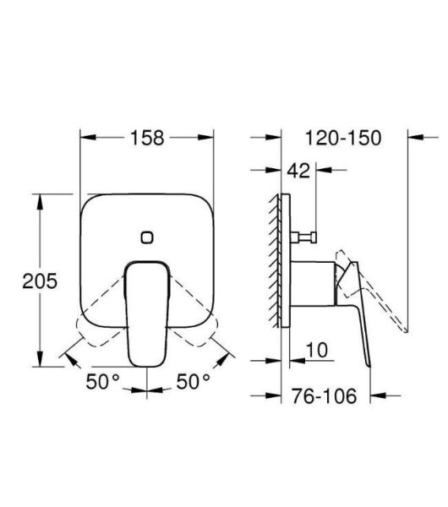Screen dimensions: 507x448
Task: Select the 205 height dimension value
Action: [x=40, y=281]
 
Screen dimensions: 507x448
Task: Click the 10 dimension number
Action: [x=317, y=349]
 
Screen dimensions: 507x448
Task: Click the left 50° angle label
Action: [x=102, y=382]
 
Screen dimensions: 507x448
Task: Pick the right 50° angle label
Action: [x=194, y=382]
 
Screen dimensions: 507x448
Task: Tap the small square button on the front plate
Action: [x=148, y=237]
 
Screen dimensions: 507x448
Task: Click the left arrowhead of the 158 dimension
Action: [x=85, y=136]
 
